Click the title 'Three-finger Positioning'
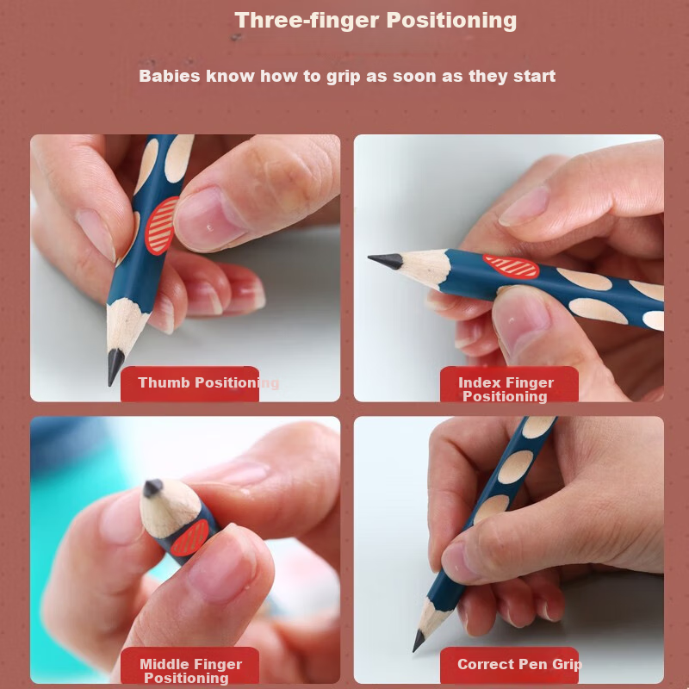376,21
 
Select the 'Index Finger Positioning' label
506,389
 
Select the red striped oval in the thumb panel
161,226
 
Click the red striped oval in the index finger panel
511,266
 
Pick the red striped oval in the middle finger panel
189,537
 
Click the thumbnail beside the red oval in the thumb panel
208,218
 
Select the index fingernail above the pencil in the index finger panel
524,206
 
